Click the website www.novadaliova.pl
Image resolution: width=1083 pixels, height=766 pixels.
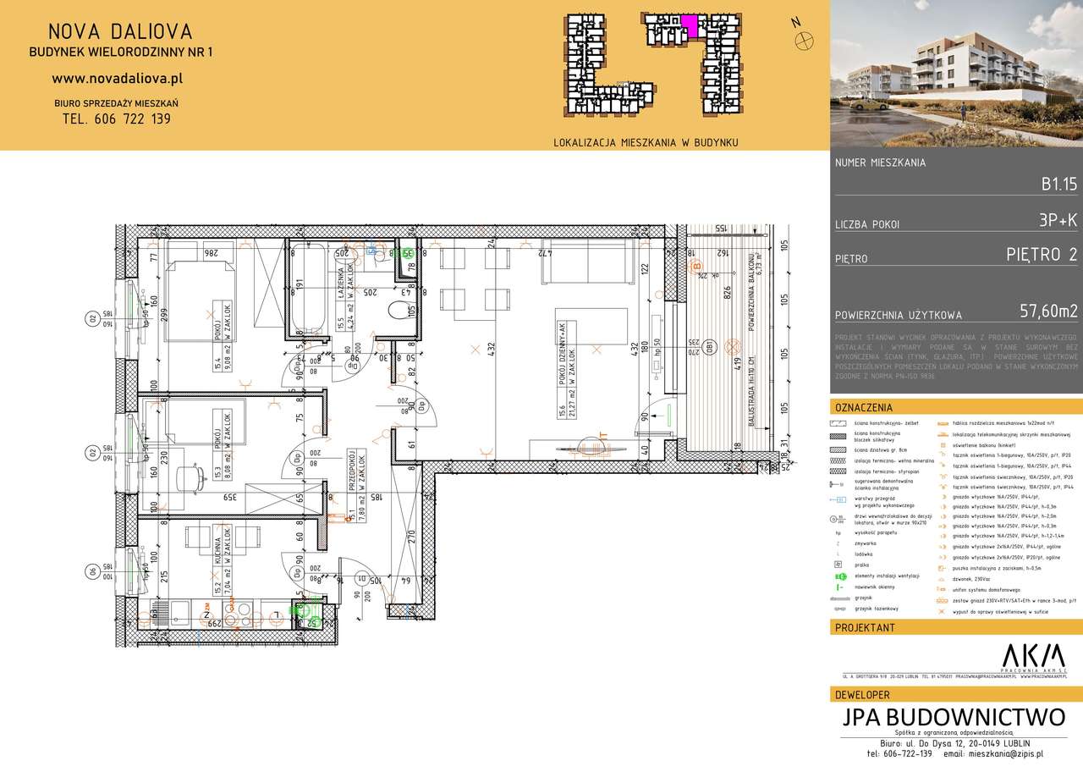pyautogui.click(x=118, y=78)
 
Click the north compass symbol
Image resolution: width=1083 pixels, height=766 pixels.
pyautogui.click(x=806, y=37)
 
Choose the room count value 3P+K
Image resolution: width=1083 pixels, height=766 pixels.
pyautogui.click(x=1058, y=223)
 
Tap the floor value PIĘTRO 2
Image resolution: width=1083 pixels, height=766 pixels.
pyautogui.click(x=1042, y=255)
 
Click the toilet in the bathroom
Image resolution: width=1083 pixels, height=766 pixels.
pyautogui.click(x=399, y=311)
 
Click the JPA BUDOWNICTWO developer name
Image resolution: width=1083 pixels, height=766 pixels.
pyautogui.click(x=954, y=717)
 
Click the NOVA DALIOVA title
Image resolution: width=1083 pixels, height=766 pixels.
pyautogui.click(x=119, y=32)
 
